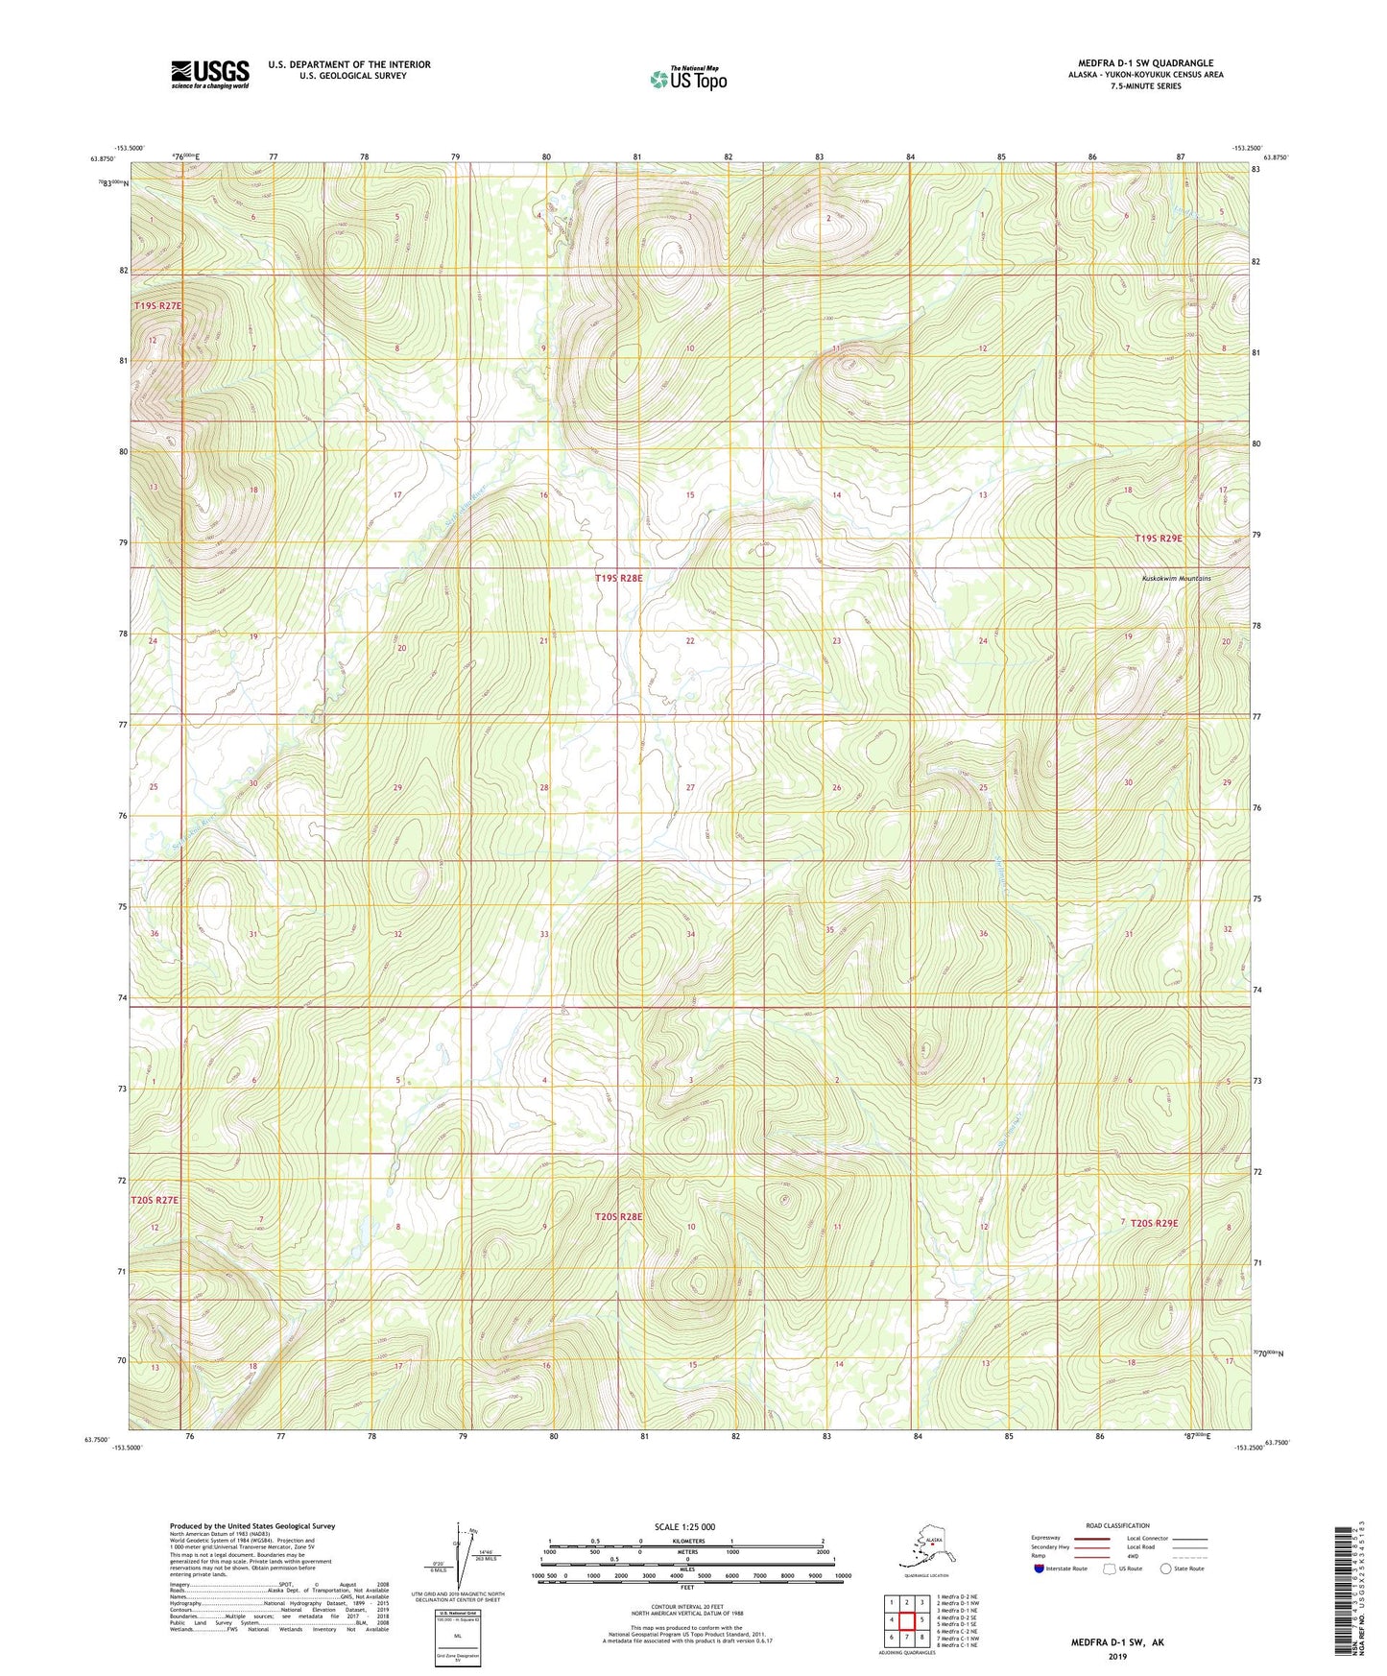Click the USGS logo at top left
pyautogui.click(x=209, y=74)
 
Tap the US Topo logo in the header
pyautogui.click(x=687, y=78)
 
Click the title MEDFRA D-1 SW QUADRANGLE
pyautogui.click(x=1144, y=63)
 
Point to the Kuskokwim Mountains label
pyautogui.click(x=1176, y=578)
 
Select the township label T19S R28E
pyautogui.click(x=618, y=578)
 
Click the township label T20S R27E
pyautogui.click(x=155, y=1200)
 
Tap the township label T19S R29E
pyautogui.click(x=1159, y=539)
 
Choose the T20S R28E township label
pyautogui.click(x=618, y=1216)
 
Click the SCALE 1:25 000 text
pyautogui.click(x=684, y=1526)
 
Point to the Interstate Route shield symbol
pyautogui.click(x=1040, y=1568)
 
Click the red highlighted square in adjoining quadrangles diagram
pyautogui.click(x=906, y=1619)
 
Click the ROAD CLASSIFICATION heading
pyautogui.click(x=1117, y=1525)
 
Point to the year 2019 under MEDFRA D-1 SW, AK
pyautogui.click(x=1116, y=1656)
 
